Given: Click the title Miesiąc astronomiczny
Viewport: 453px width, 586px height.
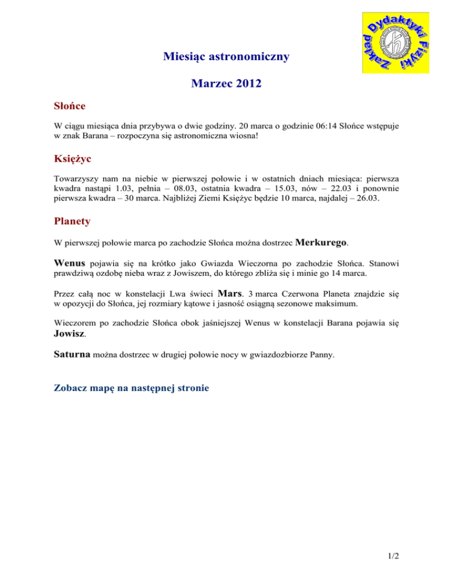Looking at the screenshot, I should [x=226, y=57].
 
